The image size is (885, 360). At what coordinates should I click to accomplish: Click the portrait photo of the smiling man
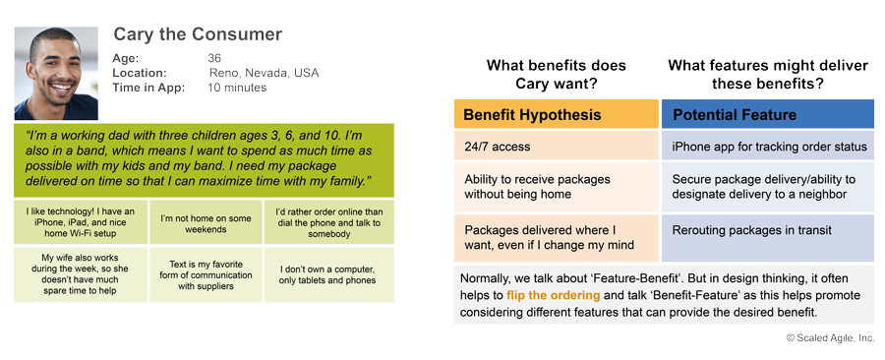pos(56,74)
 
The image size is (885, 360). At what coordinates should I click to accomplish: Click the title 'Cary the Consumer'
pos(198,34)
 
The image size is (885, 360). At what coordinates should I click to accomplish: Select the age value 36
pos(214,58)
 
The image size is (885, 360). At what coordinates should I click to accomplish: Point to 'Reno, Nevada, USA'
pos(264,73)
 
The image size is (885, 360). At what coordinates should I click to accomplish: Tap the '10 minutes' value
pos(237,88)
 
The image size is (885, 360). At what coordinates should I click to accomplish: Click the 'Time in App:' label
pos(148,88)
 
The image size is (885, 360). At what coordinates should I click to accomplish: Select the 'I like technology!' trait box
pos(81,222)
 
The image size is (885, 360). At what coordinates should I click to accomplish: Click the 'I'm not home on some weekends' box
pos(206,222)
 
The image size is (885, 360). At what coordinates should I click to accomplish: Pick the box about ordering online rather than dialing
pos(329,222)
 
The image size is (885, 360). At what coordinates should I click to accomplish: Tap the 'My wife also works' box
pos(81,274)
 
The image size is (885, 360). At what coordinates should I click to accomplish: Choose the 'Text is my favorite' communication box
pos(206,274)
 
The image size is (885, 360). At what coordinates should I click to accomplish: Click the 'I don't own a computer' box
pos(329,274)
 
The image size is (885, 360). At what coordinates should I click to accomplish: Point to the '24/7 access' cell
pos(557,147)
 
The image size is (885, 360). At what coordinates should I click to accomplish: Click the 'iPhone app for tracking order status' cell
pos(768,147)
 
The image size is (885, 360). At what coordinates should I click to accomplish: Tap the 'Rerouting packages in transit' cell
pos(768,238)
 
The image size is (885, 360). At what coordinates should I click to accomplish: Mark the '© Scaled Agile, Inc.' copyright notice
pos(830,337)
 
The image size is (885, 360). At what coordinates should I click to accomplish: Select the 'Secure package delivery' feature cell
pos(768,187)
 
